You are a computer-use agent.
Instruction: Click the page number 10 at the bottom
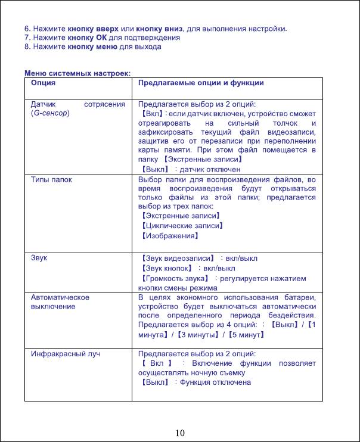coord(180,432)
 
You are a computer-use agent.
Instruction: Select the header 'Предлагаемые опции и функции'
coord(201,83)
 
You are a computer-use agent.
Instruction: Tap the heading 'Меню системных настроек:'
coord(77,73)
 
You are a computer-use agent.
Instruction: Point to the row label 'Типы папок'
coord(51,179)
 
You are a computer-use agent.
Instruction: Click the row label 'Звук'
coord(39,259)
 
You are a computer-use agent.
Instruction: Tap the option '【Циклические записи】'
coord(181,226)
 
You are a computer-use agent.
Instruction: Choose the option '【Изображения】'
coord(169,236)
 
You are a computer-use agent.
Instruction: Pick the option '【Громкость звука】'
coord(175,278)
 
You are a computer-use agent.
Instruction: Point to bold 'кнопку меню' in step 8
coord(91,46)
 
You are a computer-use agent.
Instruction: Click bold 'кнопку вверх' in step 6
coord(91,28)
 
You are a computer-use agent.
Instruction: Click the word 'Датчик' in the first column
coord(43,104)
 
